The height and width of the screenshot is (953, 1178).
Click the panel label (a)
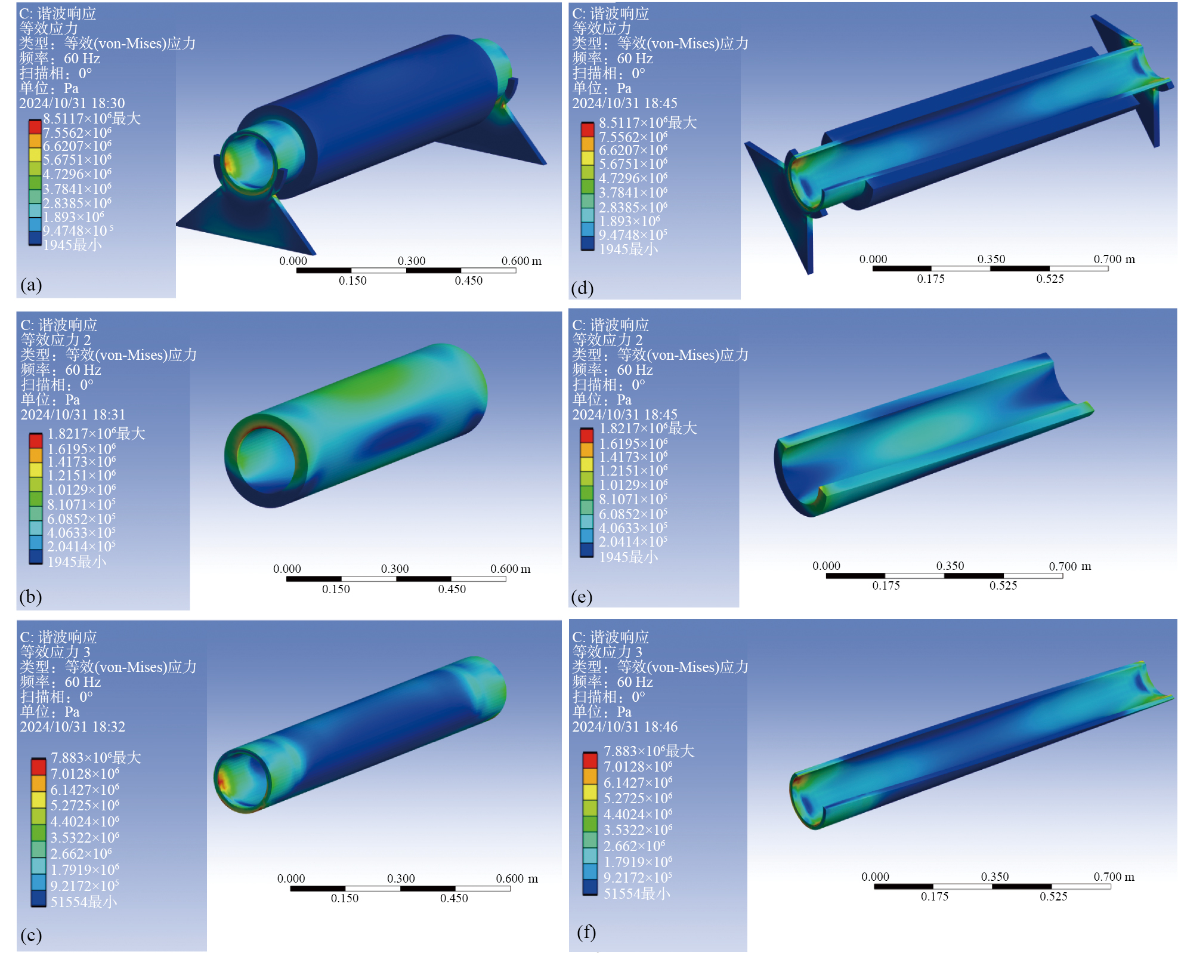point(31,285)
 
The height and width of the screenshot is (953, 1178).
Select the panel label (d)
point(582,288)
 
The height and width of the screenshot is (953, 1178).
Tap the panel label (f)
point(586,932)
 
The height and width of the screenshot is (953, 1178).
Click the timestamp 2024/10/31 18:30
point(72,103)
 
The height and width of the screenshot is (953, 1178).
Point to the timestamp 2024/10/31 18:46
point(625,727)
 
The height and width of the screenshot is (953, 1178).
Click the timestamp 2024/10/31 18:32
point(73,727)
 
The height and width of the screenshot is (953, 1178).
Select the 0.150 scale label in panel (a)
point(353,280)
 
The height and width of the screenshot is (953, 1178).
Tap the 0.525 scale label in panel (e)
point(1003,585)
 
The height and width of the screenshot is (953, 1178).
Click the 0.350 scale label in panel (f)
point(995,877)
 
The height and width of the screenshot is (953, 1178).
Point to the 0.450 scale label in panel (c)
point(454,898)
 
